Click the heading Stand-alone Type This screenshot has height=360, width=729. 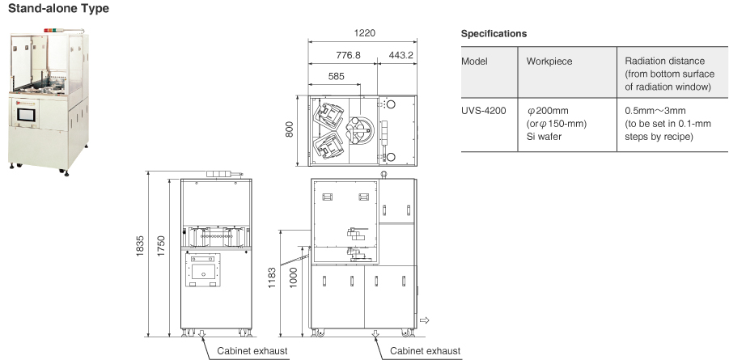click(x=58, y=8)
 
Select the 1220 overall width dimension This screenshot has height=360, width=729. click(x=364, y=33)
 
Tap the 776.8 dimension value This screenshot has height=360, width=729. click(x=348, y=55)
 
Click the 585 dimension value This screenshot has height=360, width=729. click(x=336, y=76)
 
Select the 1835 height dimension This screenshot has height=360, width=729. click(x=140, y=248)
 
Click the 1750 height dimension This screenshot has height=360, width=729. click(x=161, y=248)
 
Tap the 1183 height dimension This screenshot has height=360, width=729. click(x=272, y=277)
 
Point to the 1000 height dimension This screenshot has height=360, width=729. click(x=293, y=277)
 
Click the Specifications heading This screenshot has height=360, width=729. click(x=494, y=34)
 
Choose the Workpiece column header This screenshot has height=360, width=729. click(x=549, y=61)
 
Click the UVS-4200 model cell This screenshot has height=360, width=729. click(x=484, y=111)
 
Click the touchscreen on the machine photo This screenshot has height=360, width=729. click(x=26, y=114)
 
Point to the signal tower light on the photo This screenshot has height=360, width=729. click(x=51, y=31)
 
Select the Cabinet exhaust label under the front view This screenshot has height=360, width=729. click(x=252, y=351)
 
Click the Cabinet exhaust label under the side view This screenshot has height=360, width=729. click(x=426, y=351)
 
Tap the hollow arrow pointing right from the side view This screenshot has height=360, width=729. click(x=424, y=320)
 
